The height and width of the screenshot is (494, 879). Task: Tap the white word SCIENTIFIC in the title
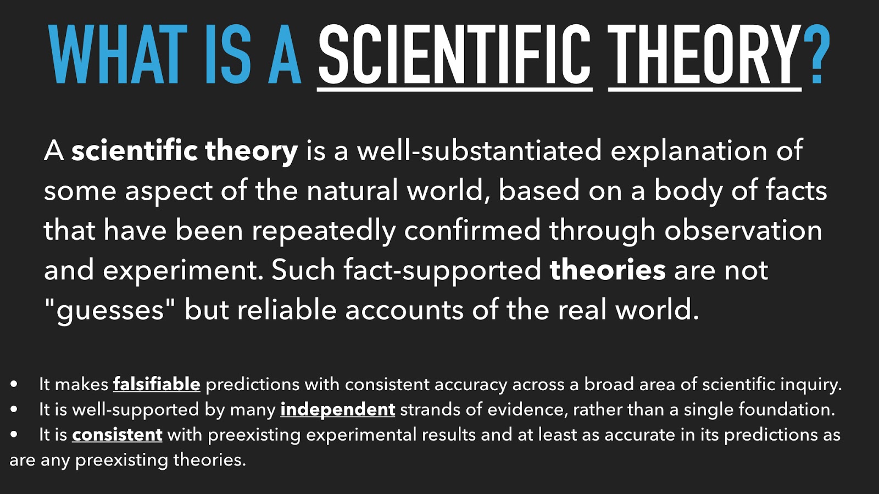[454, 54]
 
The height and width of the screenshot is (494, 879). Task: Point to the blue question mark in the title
[816, 54]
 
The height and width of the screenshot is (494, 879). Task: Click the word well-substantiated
[479, 150]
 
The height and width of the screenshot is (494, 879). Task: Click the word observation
[744, 231]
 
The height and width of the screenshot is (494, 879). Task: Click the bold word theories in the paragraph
[608, 270]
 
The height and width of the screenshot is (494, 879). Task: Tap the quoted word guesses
[110, 311]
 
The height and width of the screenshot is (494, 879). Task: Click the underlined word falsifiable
[157, 384]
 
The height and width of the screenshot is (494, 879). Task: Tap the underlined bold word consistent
[117, 435]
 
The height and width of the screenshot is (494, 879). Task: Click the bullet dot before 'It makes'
[14, 384]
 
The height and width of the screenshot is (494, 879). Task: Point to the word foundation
[786, 409]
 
